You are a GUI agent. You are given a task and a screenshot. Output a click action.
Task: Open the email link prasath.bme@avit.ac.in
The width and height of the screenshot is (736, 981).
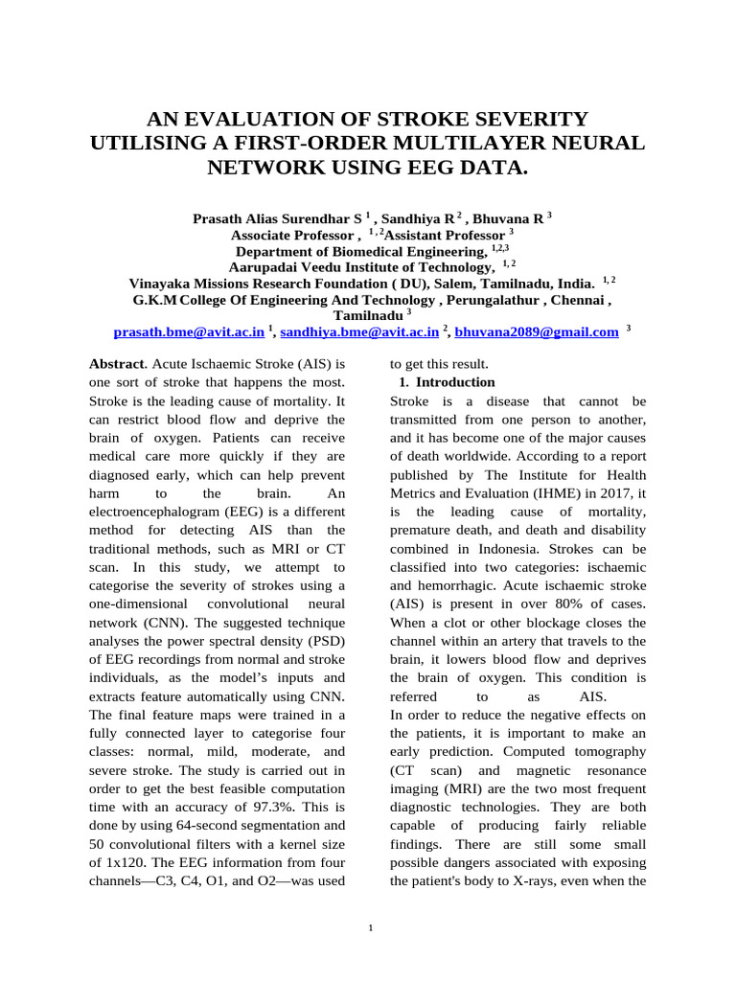(189, 331)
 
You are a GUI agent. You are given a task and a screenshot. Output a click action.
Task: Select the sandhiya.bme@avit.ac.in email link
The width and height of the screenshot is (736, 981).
(359, 331)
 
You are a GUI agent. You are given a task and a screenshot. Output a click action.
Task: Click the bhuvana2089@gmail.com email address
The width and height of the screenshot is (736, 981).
(537, 331)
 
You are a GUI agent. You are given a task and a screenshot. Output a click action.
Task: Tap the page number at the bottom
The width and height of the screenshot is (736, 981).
(370, 927)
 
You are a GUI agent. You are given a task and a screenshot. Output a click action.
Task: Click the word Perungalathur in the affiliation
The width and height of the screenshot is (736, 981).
(499, 299)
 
